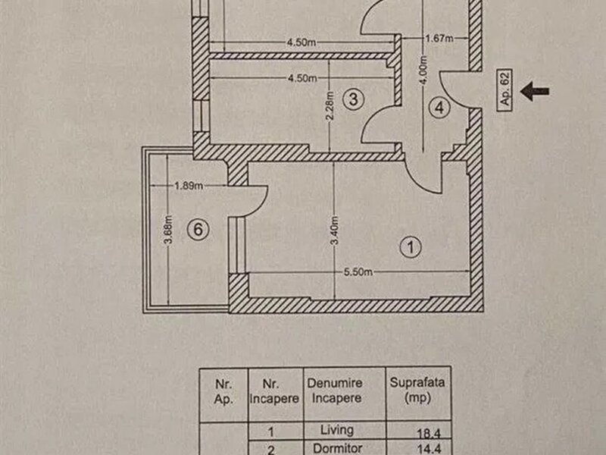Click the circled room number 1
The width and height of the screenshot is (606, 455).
click(x=410, y=246)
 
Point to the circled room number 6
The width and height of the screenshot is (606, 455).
click(x=196, y=231)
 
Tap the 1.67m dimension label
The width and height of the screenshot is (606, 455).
click(x=439, y=39)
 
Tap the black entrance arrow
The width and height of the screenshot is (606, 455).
click(x=536, y=92)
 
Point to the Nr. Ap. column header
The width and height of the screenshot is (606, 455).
click(x=223, y=390)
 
